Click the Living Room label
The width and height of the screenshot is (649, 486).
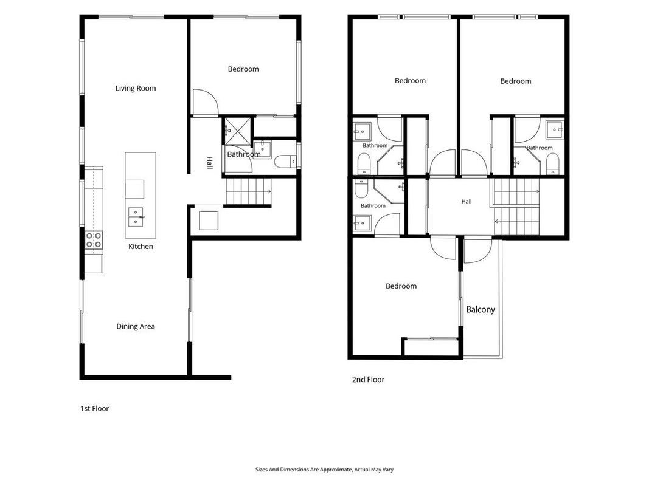(x=136, y=88)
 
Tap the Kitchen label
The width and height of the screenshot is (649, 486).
(x=141, y=246)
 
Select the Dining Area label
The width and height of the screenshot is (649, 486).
(x=136, y=326)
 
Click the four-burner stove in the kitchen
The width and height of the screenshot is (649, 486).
(x=94, y=240)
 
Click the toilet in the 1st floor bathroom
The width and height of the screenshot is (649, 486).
(x=285, y=162)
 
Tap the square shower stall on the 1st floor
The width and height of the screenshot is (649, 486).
(x=238, y=131)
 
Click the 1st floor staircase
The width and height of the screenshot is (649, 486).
(x=248, y=191)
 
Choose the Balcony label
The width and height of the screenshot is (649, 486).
(x=481, y=310)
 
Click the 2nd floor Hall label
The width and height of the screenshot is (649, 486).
(x=467, y=202)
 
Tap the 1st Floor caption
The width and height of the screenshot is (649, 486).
(x=94, y=409)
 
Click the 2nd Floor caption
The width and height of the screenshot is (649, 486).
(x=368, y=379)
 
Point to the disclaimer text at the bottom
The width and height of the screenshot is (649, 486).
(x=325, y=470)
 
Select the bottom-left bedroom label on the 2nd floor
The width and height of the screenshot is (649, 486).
(x=401, y=286)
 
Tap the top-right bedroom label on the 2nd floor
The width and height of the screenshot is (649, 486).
(x=516, y=81)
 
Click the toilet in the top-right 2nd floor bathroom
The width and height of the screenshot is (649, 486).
(x=552, y=163)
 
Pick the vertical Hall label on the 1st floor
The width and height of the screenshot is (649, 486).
(x=210, y=162)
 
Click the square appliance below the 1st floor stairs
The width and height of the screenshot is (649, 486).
(x=209, y=221)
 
